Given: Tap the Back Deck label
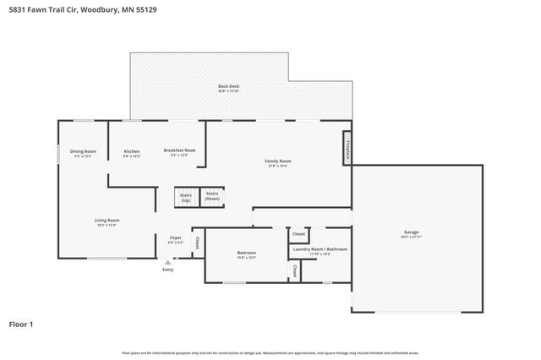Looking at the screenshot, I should point(227,88).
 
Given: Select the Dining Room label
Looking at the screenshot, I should point(83,153).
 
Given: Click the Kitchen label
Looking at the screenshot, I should point(131,153).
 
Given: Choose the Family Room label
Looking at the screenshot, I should point(278,163).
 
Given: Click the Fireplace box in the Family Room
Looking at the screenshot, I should point(347,148).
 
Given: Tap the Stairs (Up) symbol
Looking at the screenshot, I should point(186,197).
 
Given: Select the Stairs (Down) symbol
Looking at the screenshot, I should point(212,197).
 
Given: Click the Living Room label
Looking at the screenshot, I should point(107,222).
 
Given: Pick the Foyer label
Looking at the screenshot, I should point(175,241).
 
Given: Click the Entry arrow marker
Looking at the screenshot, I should point(167,263).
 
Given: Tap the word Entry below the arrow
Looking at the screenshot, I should point(167,270).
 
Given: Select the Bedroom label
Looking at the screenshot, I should point(246,254).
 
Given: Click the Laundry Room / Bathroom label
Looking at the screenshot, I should point(320,251).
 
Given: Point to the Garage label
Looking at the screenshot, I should point(411,234).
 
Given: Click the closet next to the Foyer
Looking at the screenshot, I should point(197,243).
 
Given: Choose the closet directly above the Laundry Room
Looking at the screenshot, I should point(298,235).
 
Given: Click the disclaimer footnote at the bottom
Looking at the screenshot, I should point(270,352).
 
